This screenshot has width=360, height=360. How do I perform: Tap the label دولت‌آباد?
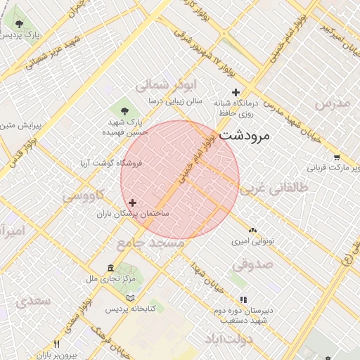pos(229,340)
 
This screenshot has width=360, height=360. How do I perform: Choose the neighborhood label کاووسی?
pos(84,195)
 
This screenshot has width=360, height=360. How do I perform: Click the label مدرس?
pos(332,103)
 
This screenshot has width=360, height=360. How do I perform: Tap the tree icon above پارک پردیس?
pos(19,25)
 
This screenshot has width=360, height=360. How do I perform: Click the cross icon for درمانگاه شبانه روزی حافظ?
pos(236,92)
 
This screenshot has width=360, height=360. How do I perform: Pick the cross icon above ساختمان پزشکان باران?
pos(132,202)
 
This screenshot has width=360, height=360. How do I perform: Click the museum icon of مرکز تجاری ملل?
pos(110,268)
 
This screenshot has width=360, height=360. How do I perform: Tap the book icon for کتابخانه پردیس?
pos(129,298)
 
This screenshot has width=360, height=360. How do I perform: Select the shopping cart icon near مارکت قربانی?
pos(337,157)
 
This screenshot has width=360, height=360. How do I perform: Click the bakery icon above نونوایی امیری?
pos(252,230)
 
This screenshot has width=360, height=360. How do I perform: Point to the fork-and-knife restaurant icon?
pos(57,345)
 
